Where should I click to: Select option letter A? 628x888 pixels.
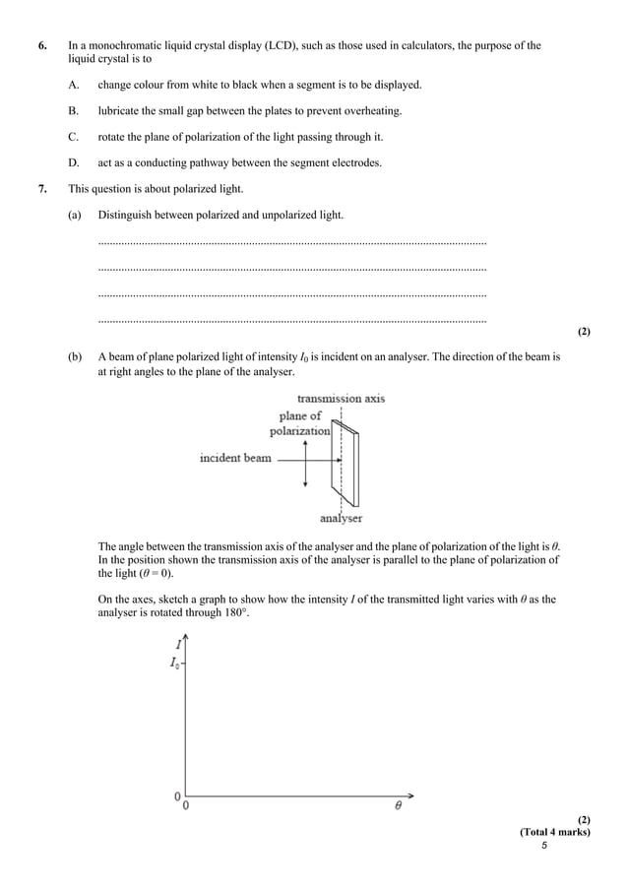click(x=74, y=85)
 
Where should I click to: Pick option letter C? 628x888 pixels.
click(x=74, y=137)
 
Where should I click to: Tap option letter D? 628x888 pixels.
click(x=74, y=162)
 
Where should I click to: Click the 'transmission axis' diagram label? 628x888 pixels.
click(x=341, y=399)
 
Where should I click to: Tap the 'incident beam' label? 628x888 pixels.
click(x=235, y=458)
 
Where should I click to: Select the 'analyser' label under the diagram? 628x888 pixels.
click(x=341, y=518)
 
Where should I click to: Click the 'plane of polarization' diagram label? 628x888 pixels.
click(x=300, y=423)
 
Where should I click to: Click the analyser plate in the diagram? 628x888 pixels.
click(x=348, y=463)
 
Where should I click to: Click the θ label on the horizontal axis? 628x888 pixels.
click(x=399, y=806)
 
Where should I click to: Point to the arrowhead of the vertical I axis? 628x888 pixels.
click(x=185, y=637)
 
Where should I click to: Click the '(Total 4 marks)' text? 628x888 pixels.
click(x=555, y=832)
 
